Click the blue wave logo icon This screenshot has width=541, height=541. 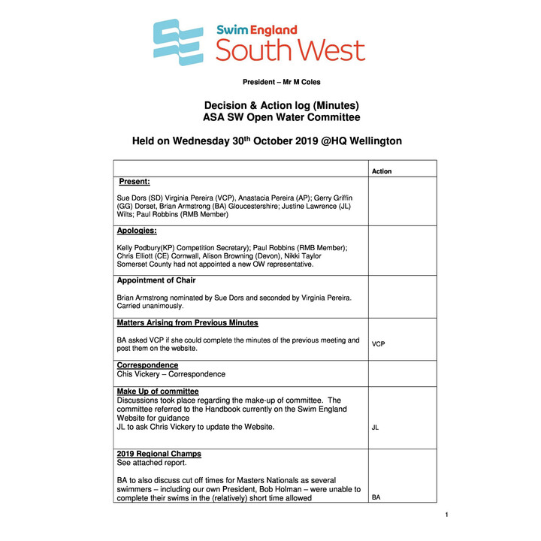tap(178, 43)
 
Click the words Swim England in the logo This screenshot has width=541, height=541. tap(256, 30)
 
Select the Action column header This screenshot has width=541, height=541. tap(382, 171)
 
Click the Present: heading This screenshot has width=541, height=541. tap(134, 182)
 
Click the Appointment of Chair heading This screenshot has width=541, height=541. tap(156, 280)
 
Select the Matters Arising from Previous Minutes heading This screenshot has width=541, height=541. tap(187, 323)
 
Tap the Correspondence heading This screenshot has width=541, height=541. tap(147, 365)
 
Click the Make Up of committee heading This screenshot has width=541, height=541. tap(158, 391)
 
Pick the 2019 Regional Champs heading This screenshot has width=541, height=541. tap(159, 455)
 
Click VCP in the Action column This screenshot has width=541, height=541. tap(379, 343)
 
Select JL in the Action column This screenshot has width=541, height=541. tap(376, 428)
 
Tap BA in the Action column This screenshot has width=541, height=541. tap(376, 497)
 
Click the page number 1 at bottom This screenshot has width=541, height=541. tap(446, 515)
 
